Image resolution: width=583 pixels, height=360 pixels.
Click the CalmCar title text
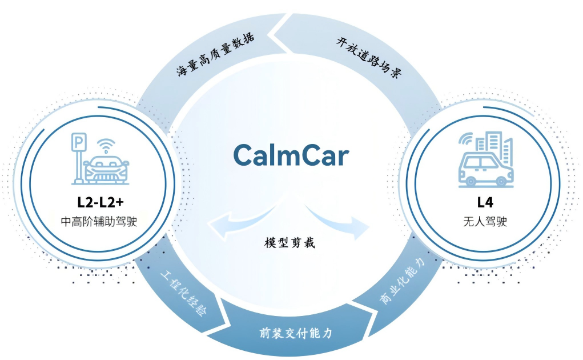point(291,155)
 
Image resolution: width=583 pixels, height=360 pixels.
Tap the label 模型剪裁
point(290,242)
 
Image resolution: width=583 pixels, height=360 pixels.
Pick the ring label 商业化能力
point(403,281)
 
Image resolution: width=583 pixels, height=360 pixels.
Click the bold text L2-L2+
point(100,202)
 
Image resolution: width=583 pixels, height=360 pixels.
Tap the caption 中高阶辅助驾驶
point(99,221)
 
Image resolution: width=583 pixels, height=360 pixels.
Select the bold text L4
point(485,202)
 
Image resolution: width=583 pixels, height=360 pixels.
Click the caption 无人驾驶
point(485,221)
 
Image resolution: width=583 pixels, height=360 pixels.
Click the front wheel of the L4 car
point(471,181)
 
